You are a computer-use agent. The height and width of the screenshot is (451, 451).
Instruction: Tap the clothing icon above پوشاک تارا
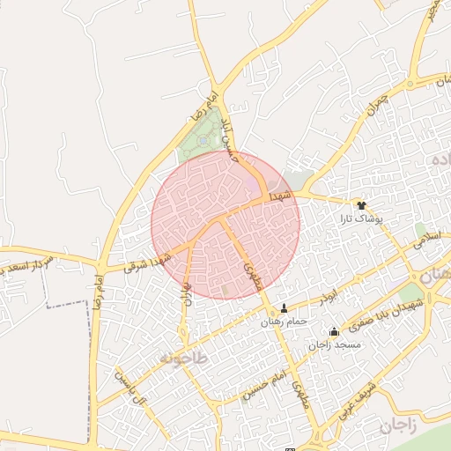(x=360, y=204)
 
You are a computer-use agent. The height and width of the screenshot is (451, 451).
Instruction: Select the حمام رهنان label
(x=284, y=322)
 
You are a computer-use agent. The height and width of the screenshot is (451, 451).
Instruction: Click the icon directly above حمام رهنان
(x=284, y=308)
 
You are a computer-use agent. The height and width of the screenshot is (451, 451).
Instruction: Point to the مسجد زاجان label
(x=334, y=344)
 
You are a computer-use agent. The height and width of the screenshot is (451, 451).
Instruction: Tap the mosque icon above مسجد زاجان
(x=333, y=332)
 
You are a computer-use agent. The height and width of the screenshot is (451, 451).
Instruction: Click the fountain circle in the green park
(x=203, y=139)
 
